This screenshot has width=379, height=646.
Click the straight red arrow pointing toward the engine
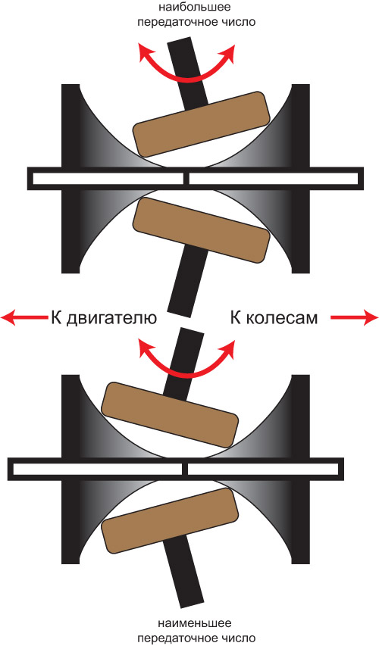(x=24, y=317)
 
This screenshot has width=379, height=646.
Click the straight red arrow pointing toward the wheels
(x=354, y=317)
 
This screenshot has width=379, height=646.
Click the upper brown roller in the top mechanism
(x=202, y=124)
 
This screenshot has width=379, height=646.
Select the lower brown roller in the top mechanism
(x=202, y=230)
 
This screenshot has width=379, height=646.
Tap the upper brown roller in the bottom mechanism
(x=170, y=415)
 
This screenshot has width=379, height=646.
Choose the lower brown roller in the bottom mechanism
(x=170, y=521)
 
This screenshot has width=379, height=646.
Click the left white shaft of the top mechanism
(x=108, y=179)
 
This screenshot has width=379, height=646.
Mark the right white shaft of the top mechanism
(x=274, y=179)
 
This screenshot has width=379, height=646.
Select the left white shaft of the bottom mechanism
(x=97, y=470)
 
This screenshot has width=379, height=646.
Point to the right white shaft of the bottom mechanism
(x=263, y=470)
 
